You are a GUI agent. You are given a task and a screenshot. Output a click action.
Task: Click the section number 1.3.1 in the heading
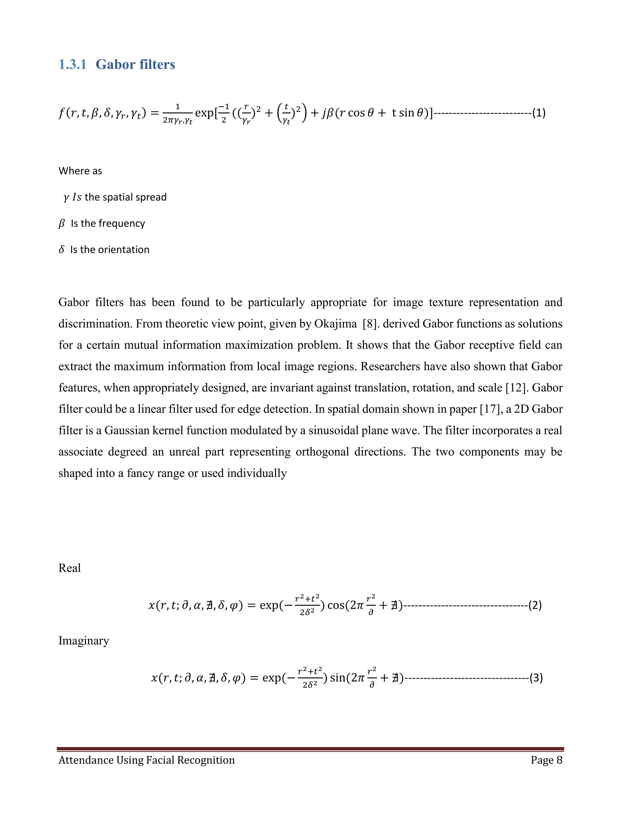72,65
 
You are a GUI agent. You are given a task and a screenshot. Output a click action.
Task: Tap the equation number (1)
539,113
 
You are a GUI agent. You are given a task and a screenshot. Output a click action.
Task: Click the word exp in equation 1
204,113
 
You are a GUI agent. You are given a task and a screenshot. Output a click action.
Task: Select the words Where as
80,171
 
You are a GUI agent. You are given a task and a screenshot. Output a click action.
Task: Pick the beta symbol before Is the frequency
62,223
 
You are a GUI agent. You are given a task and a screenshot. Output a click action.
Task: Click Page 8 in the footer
546,760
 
